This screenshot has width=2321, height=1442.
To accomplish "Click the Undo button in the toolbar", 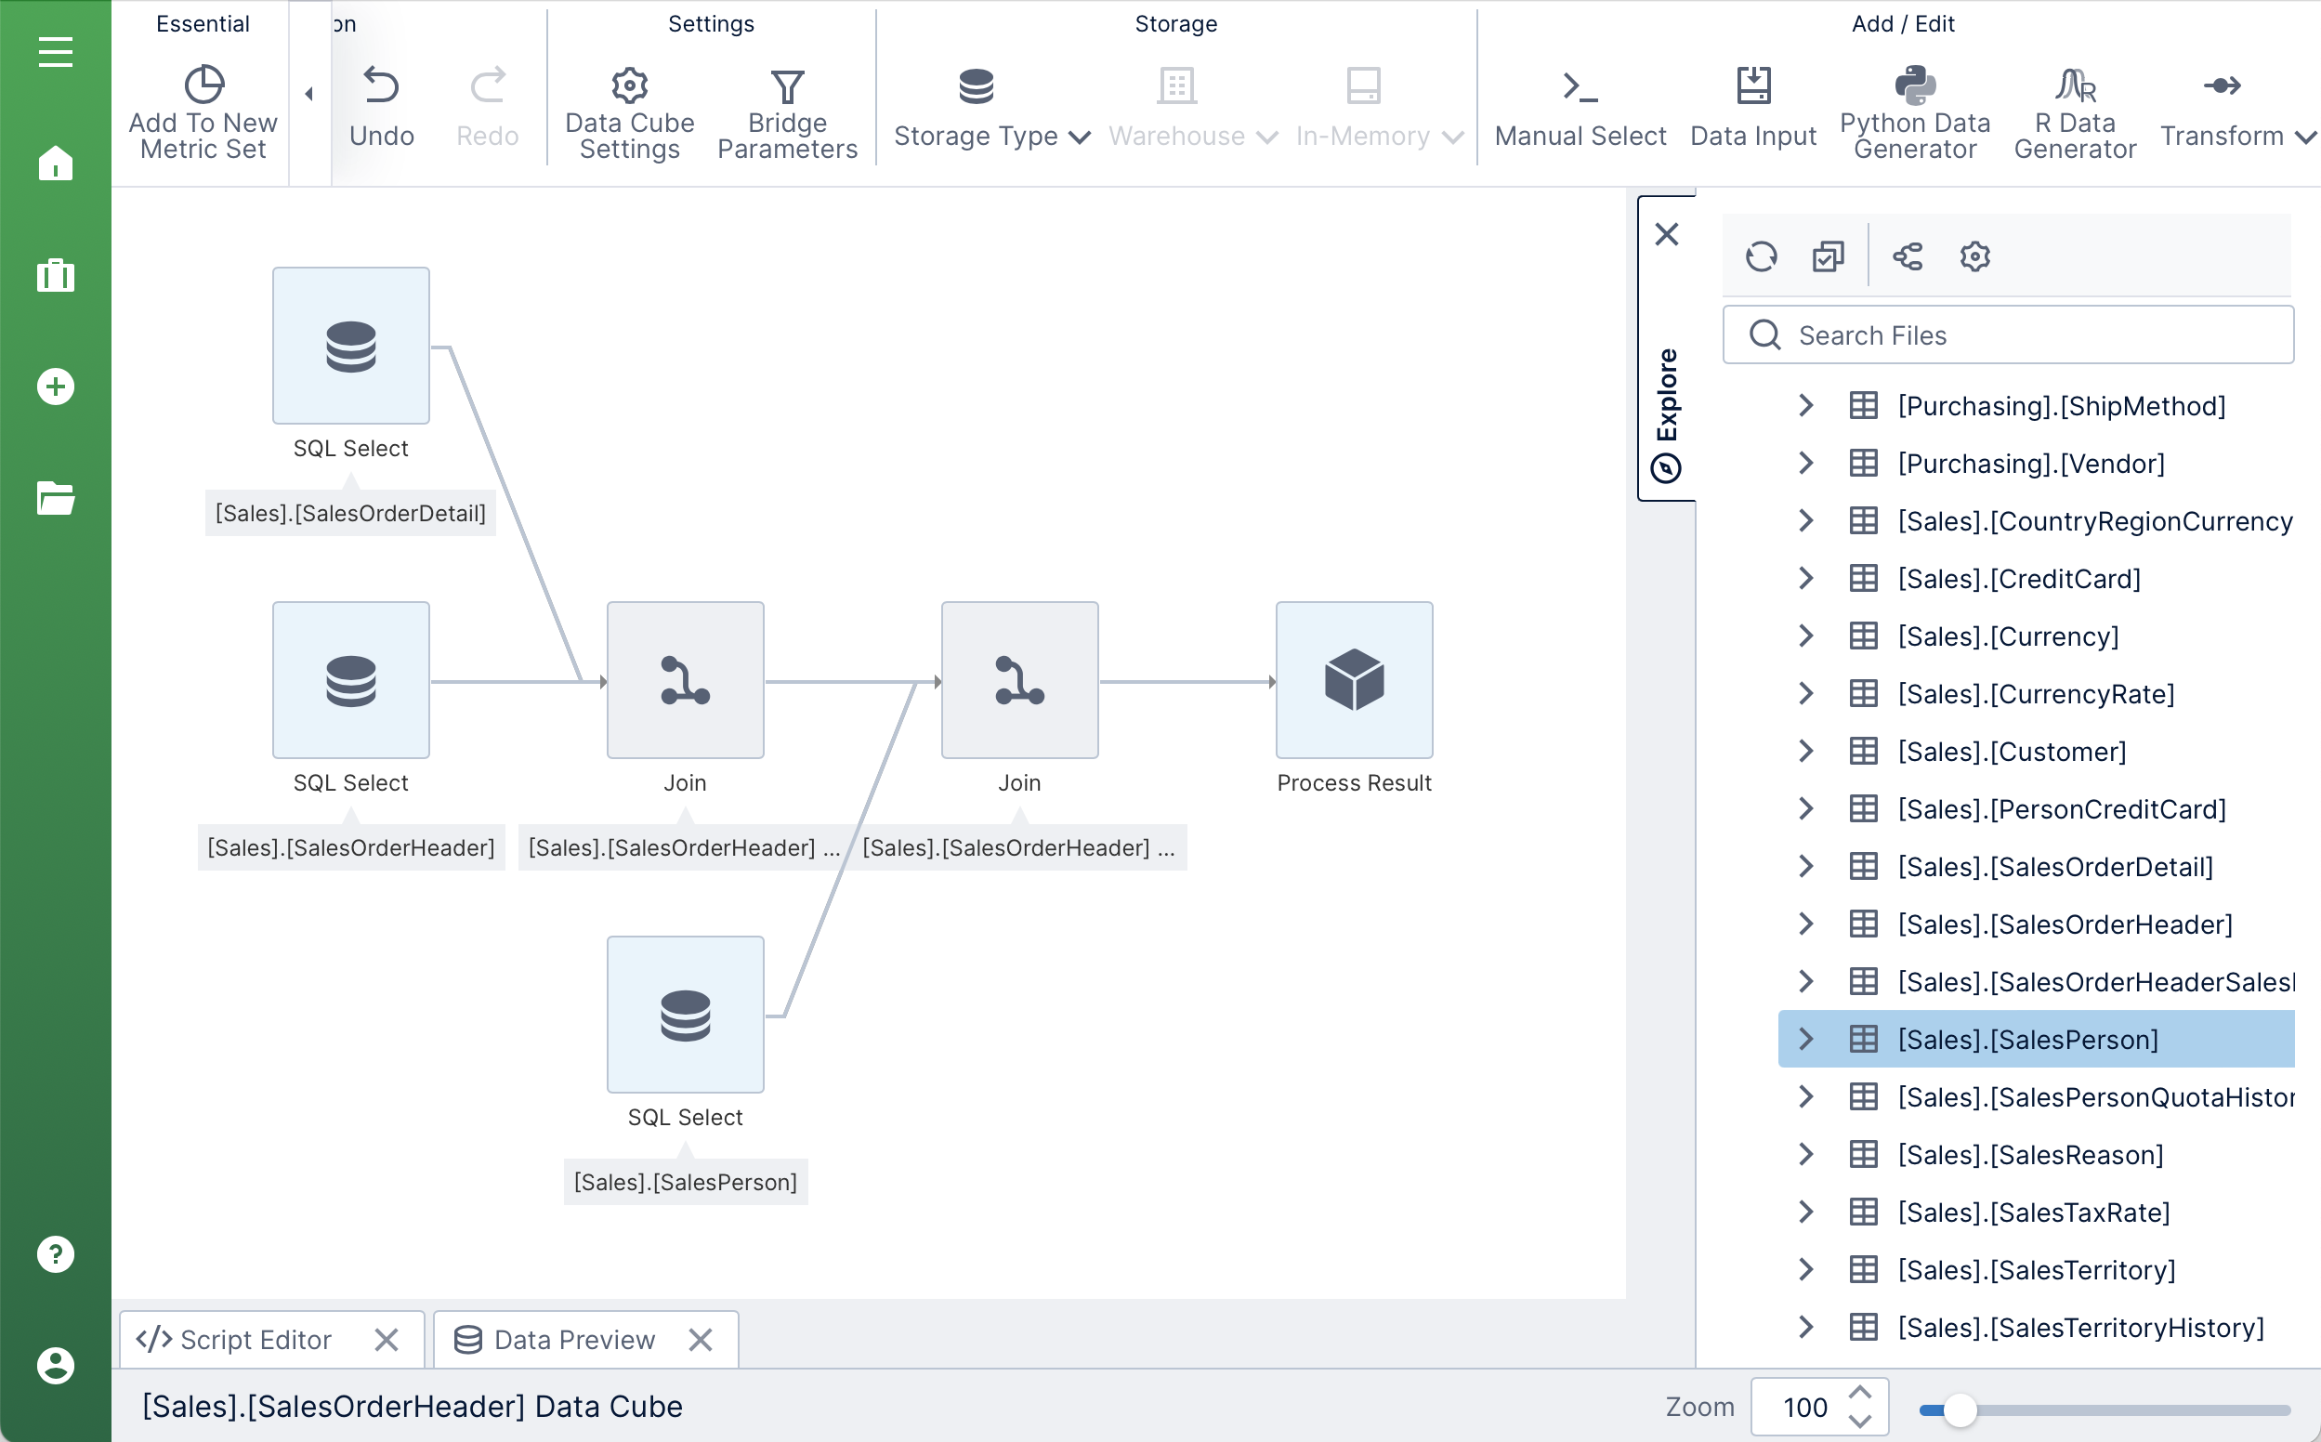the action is tap(382, 107).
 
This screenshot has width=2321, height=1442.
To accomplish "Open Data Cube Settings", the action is tap(629, 112).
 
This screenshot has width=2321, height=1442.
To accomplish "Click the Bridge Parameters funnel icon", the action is tap(788, 86).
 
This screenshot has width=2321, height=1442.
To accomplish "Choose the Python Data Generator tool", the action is tap(1915, 112).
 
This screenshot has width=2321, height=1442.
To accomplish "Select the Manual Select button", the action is tap(1580, 107).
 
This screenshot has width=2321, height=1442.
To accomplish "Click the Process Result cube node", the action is tap(1354, 680).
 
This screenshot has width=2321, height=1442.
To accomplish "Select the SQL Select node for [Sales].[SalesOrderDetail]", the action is tap(351, 346).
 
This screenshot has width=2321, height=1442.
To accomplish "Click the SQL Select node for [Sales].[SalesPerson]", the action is tap(686, 1015).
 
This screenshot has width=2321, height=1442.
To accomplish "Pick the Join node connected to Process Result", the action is tap(1019, 680).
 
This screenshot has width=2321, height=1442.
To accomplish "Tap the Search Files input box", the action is tap(2008, 334).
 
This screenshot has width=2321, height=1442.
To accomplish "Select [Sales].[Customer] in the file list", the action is tap(2012, 752).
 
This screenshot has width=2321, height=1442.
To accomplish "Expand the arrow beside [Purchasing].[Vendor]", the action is tap(1805, 464).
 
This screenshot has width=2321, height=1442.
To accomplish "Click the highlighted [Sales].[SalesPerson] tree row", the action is tap(2036, 1039).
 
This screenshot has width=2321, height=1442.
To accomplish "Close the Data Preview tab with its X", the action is tap(701, 1340).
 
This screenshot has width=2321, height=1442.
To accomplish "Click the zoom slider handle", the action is tap(1960, 1409).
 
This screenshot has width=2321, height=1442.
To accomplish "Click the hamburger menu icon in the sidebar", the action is tap(56, 51).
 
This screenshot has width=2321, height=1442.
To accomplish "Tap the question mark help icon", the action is tap(56, 1254).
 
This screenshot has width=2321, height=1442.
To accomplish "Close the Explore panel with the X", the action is tap(1667, 235).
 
